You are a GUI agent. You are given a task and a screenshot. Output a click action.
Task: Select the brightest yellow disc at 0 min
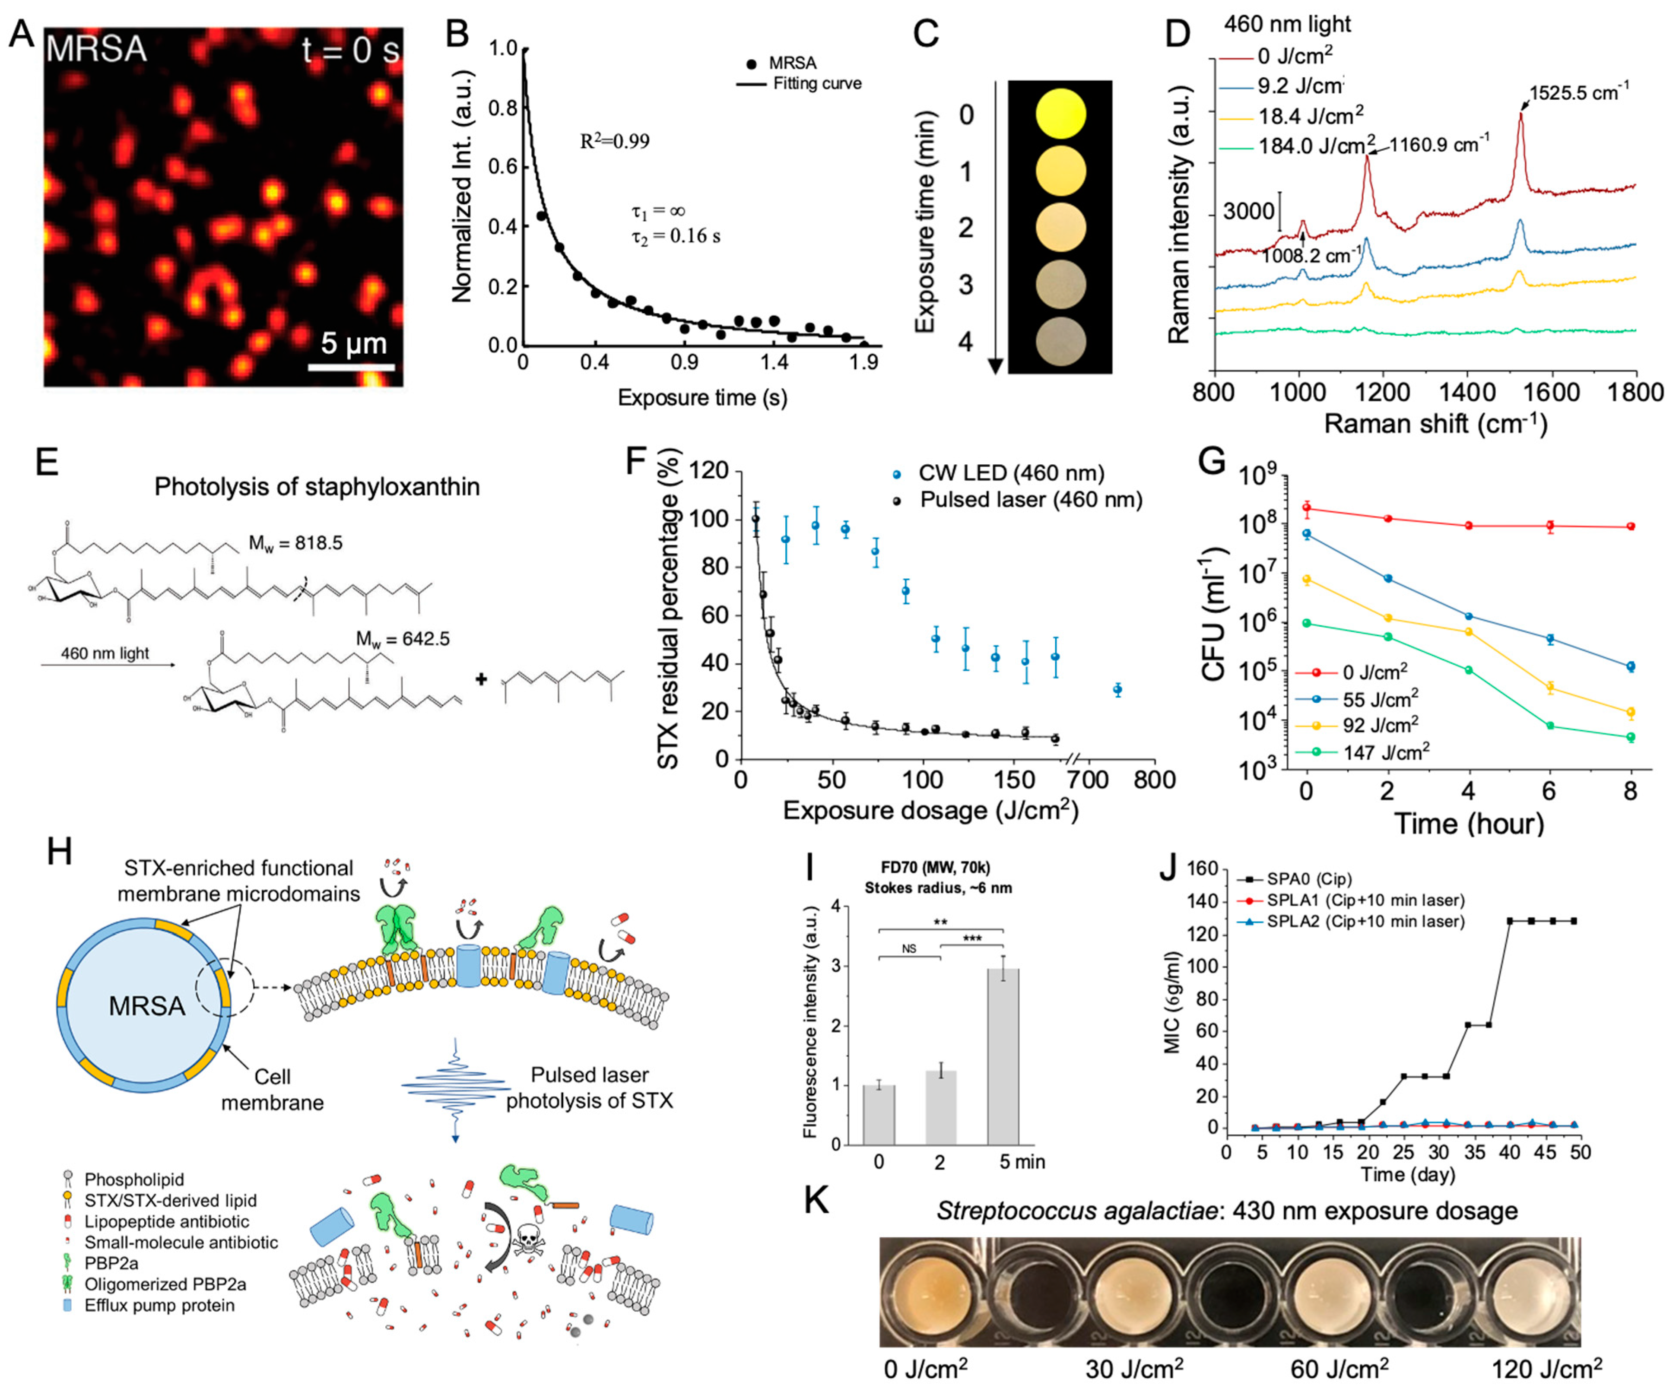tap(1060, 113)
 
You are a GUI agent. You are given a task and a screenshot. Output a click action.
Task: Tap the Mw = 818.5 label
tap(295, 543)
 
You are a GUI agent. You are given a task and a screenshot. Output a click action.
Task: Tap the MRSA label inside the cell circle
tap(147, 1005)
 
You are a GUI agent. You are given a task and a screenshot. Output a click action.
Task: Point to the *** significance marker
tap(971, 938)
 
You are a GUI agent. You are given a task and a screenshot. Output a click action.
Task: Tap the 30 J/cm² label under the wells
tap(1134, 1370)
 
